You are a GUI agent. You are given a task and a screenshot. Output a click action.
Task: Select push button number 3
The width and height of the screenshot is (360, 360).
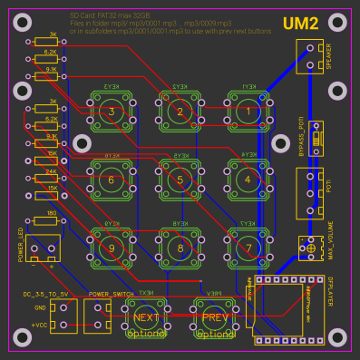click(x=112, y=112)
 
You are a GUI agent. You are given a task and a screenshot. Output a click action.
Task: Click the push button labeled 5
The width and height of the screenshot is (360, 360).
click(x=180, y=180)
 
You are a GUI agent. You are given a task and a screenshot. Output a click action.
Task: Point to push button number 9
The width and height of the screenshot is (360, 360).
click(x=112, y=247)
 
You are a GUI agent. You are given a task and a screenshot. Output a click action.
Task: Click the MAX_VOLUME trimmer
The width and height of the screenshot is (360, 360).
click(x=311, y=248)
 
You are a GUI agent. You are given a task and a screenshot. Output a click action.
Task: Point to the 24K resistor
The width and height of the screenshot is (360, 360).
click(x=45, y=177)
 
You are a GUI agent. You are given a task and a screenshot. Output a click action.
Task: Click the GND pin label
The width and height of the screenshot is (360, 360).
click(x=40, y=308)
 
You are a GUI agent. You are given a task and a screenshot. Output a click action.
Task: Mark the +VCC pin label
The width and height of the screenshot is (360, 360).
click(x=39, y=324)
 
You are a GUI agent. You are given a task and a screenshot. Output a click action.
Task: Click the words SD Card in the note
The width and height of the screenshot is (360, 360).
click(x=83, y=17)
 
